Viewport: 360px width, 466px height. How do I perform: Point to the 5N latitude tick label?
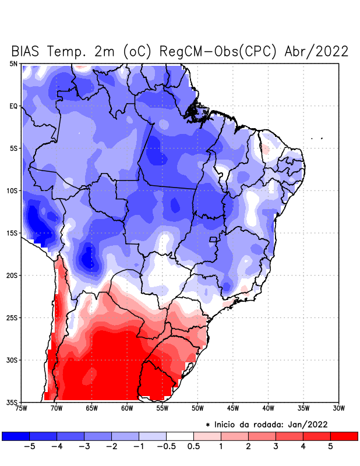point(13,63)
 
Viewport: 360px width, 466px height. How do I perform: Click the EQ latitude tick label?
point(13,106)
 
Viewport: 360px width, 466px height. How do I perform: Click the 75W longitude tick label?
point(22,409)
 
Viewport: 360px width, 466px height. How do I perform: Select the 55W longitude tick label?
point(163,409)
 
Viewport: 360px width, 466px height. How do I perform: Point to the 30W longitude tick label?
point(339,409)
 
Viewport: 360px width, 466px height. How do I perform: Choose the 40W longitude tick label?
point(269,409)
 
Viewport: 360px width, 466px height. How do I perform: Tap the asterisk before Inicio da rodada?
point(208,425)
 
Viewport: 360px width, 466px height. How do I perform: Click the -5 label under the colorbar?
point(27,447)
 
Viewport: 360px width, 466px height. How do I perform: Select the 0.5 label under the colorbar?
point(193,447)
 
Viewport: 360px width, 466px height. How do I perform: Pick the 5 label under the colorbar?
point(330,447)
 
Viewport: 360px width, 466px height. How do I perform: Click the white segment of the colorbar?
point(180,436)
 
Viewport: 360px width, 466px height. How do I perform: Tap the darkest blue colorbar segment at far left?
point(16,436)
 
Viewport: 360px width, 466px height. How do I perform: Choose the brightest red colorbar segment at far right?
point(344,436)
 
